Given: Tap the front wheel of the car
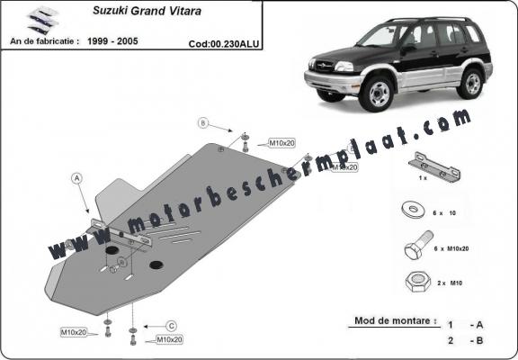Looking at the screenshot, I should pos(378,93).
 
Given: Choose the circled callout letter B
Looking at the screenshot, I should pos(202,123).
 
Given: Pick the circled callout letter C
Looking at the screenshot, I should pos(169,325).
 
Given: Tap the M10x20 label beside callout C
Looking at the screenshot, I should pos(170,339).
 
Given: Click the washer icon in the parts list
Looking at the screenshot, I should pos(415,212).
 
